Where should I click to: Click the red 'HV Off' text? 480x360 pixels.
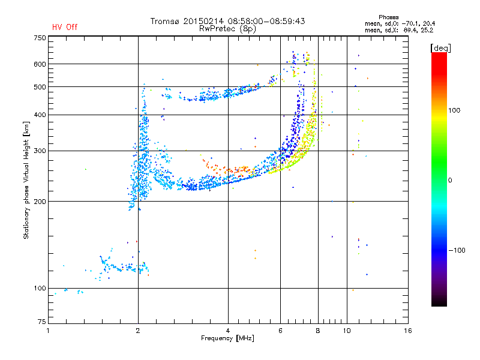[x=65, y=27]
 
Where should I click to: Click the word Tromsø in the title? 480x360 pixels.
[x=166, y=21]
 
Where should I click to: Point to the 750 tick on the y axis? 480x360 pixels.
[x=39, y=37]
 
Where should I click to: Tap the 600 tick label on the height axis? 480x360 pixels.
[x=39, y=64]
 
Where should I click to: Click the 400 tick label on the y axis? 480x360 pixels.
[x=39, y=115]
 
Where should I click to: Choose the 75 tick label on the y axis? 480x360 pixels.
[x=41, y=323]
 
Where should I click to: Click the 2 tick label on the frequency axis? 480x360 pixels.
[x=138, y=331]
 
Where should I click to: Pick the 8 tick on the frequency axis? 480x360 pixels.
[x=318, y=331]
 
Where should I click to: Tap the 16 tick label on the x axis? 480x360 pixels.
[x=407, y=331]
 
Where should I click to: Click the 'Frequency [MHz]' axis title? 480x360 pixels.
[x=227, y=338]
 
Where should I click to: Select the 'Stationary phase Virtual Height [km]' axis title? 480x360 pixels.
[x=26, y=180]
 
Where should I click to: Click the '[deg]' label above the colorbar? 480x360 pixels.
[x=441, y=47]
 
